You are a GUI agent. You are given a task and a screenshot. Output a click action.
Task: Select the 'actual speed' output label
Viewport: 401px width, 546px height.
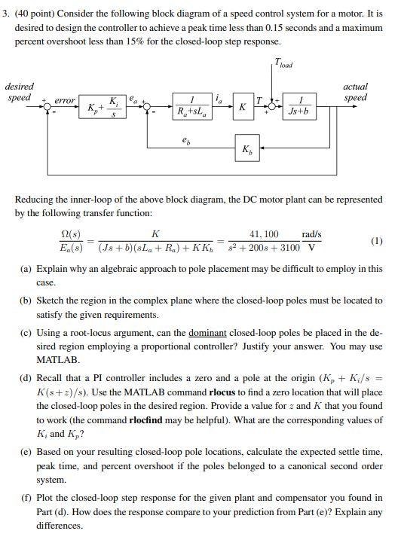click(x=354, y=92)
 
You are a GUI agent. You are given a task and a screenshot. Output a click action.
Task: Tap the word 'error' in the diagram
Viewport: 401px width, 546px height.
click(x=65, y=99)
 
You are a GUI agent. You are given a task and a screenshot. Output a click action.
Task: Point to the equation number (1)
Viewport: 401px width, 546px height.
click(x=376, y=241)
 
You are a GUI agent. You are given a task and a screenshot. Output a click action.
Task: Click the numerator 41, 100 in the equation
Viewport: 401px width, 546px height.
click(x=264, y=234)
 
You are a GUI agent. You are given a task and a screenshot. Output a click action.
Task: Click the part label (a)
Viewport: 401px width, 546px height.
click(x=26, y=269)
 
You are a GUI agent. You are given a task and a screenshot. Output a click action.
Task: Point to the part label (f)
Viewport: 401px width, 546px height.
click(x=26, y=499)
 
